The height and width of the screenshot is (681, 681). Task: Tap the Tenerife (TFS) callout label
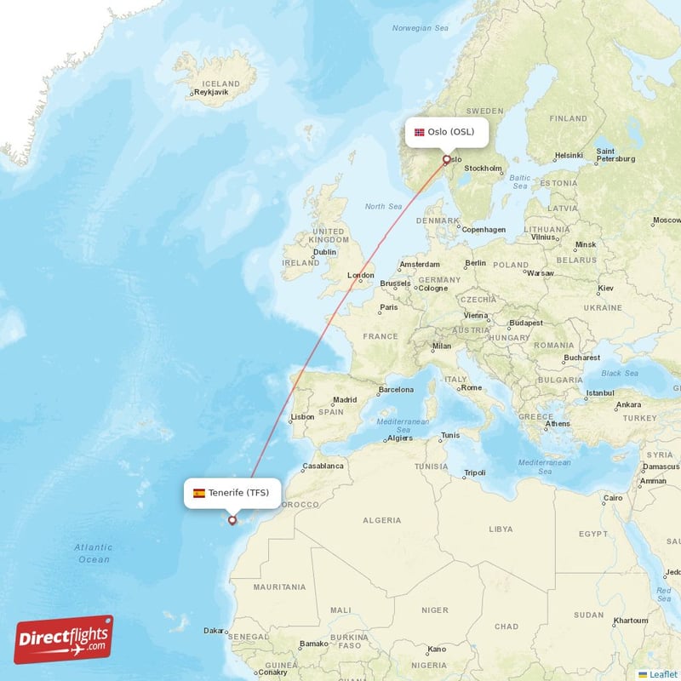(232, 493)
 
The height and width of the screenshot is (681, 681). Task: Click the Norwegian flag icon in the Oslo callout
(419, 132)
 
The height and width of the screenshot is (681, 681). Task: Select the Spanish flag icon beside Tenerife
(198, 493)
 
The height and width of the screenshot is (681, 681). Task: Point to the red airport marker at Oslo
(446, 159)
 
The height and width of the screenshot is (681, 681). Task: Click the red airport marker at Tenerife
(232, 519)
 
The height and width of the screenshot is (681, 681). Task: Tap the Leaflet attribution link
(662, 674)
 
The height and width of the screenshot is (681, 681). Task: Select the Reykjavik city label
(211, 93)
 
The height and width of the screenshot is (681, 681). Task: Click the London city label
(361, 275)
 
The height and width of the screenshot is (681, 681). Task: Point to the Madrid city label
(345, 399)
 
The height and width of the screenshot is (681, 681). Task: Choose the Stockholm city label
(483, 169)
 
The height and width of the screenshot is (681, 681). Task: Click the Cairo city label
(613, 498)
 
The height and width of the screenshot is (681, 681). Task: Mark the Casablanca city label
(323, 466)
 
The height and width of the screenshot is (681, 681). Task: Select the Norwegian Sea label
(420, 28)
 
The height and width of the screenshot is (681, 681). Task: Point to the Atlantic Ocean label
(93, 553)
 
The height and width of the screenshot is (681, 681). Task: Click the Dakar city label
(214, 631)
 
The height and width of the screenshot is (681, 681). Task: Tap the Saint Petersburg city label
(615, 154)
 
